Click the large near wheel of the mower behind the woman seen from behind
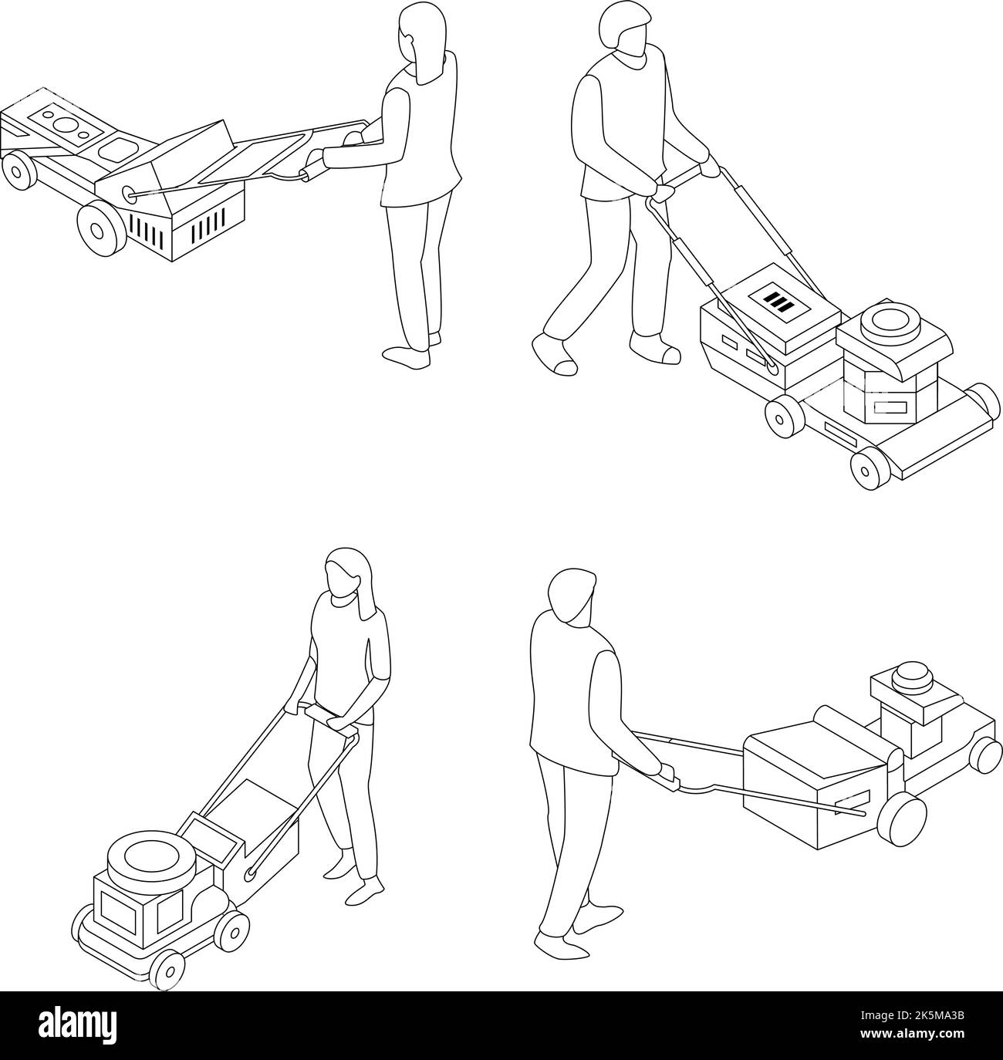coord(101,224)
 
